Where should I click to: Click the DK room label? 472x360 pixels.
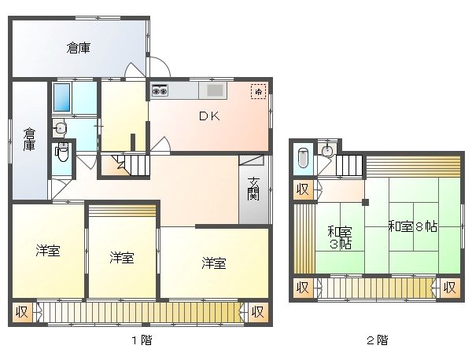[x=208, y=116]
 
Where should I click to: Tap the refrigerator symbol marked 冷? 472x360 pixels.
[x=259, y=91]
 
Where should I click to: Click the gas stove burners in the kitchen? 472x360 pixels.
[x=160, y=90]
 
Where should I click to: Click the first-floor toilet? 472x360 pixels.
[x=63, y=153]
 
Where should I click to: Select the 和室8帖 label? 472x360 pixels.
[x=413, y=226]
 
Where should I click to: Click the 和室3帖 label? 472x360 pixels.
[x=339, y=237]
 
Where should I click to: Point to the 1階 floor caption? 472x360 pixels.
[x=142, y=340]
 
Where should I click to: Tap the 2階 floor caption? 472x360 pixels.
[x=377, y=340]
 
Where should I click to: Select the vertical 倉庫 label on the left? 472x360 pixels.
[x=29, y=138]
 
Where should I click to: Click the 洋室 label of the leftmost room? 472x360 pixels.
[x=48, y=252]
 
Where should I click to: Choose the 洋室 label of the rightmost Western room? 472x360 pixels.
[x=214, y=263]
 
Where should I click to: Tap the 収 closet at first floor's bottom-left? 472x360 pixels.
[x=23, y=313]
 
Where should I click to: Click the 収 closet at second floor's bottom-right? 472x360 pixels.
[x=449, y=288]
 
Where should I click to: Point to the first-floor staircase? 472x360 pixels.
[x=134, y=165]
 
